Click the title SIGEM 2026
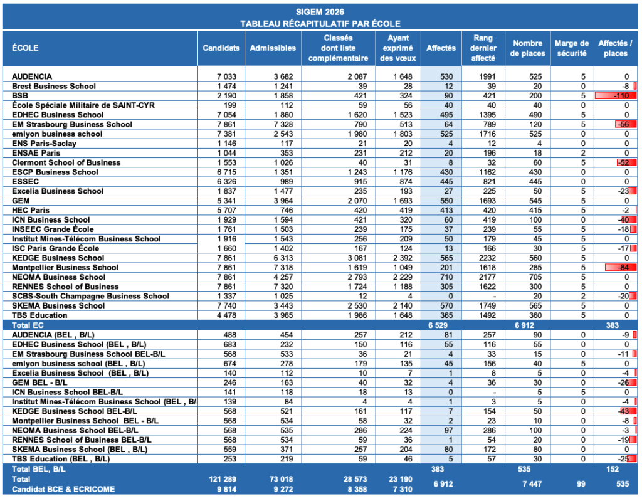pyautogui.click(x=320, y=12)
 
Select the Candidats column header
pyautogui.click(x=221, y=48)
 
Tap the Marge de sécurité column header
pyautogui.click(x=572, y=48)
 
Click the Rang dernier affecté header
pyautogui.click(x=483, y=48)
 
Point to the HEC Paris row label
pyautogui.click(x=31, y=210)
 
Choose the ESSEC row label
pyautogui.click(x=25, y=181)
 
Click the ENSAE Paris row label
pyautogui.click(x=36, y=153)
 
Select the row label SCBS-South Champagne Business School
pyautogui.click(x=90, y=296)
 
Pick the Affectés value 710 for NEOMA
pyautogui.click(x=446, y=277)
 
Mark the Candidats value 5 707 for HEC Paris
pyautogui.click(x=226, y=210)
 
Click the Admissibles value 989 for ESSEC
pyautogui.click(x=286, y=181)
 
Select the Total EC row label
pyautogui.click(x=28, y=325)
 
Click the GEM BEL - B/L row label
pyautogui.click(x=39, y=382)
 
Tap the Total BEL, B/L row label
pyautogui.click(x=38, y=469)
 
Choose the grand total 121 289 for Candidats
pyautogui.click(x=223, y=479)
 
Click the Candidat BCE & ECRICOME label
pyautogui.click(x=63, y=489)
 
